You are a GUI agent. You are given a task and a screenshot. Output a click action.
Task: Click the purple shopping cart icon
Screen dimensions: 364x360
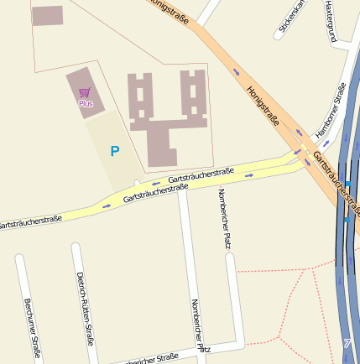84,92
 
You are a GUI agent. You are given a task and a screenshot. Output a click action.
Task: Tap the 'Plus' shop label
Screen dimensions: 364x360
86,103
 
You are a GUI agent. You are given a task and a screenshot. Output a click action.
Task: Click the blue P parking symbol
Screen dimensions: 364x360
115,151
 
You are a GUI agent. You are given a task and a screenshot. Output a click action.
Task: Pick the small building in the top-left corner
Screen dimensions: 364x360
47,15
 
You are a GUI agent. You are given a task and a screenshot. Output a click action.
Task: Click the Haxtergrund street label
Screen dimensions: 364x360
329,21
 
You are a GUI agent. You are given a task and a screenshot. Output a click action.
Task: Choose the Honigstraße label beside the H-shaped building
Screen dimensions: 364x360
263,108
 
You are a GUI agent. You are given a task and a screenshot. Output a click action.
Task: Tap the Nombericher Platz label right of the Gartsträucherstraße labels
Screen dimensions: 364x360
223,219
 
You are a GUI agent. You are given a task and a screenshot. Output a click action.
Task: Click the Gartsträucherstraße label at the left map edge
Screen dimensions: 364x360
29,221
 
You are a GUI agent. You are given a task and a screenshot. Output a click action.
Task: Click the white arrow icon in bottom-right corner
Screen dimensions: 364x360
347,342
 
